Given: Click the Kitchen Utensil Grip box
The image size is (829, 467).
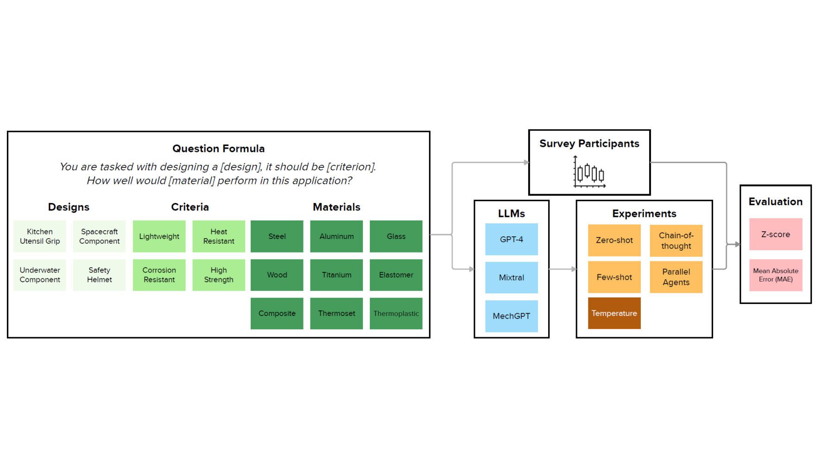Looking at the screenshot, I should pyautogui.click(x=40, y=236).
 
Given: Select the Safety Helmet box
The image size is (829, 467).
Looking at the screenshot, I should pyautogui.click(x=99, y=275).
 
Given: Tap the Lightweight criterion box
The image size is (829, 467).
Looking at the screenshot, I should pyautogui.click(x=159, y=236).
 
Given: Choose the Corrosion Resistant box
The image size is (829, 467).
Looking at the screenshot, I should pyautogui.click(x=159, y=275).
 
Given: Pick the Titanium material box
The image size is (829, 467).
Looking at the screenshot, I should pyautogui.click(x=336, y=275).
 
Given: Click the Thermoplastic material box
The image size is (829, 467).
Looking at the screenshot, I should pyautogui.click(x=396, y=314).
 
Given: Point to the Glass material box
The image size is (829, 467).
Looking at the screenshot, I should pyautogui.click(x=396, y=236).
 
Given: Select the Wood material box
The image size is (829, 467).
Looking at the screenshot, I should pyautogui.click(x=277, y=275).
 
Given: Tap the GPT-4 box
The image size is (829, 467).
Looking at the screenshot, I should pyautogui.click(x=511, y=239).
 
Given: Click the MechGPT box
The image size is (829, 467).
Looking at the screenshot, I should pyautogui.click(x=511, y=316).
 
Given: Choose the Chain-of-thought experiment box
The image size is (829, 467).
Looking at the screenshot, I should pyautogui.click(x=676, y=240).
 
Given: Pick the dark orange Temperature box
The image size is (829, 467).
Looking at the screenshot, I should pyautogui.click(x=614, y=313).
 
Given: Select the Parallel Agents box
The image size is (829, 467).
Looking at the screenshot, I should pyautogui.click(x=676, y=277).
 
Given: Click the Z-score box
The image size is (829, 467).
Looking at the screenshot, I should pyautogui.click(x=775, y=234).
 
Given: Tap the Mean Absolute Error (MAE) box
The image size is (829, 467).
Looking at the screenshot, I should pyautogui.click(x=775, y=275).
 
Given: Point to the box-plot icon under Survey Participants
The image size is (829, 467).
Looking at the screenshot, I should pyautogui.click(x=589, y=172).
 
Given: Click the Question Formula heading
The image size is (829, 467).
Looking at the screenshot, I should pyautogui.click(x=218, y=149).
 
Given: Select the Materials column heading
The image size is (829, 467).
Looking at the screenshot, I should pyautogui.click(x=336, y=207).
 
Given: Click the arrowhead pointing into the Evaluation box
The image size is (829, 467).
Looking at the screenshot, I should pyautogui.click(x=737, y=244).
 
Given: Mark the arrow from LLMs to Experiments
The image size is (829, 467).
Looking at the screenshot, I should pyautogui.click(x=563, y=269).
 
